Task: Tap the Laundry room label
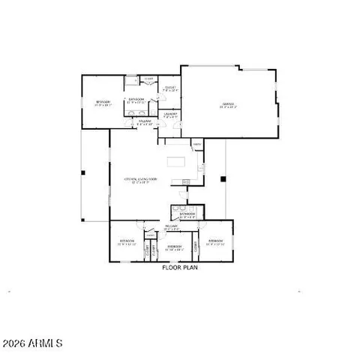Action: [171, 114]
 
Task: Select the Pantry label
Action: [197, 145]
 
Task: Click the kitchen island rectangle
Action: [178, 160]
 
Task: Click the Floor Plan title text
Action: [178, 266]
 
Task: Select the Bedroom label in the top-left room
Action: [103, 103]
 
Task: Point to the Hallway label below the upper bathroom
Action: [145, 120]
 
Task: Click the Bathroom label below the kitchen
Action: [187, 215]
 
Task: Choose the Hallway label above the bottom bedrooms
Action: [171, 226]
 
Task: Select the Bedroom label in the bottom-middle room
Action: [175, 247]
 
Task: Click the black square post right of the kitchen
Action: [223, 178]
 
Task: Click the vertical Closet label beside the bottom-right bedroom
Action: [196, 245]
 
